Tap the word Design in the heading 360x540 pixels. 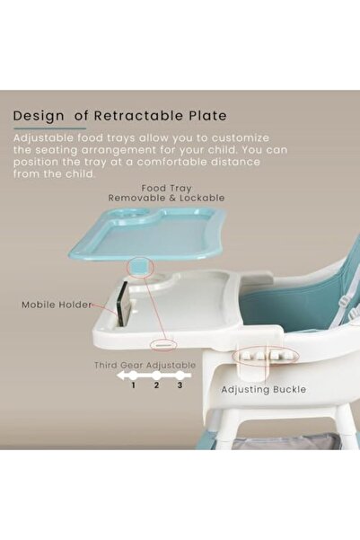(x=39, y=115)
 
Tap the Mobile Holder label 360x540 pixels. (x=57, y=305)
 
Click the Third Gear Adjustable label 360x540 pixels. (x=145, y=366)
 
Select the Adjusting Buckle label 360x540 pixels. (x=264, y=390)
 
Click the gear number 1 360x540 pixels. (x=134, y=385)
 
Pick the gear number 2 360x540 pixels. (x=156, y=385)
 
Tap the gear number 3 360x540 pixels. (x=179, y=385)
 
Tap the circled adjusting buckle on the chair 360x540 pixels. (x=259, y=355)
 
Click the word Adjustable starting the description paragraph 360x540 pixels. (x=42, y=137)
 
